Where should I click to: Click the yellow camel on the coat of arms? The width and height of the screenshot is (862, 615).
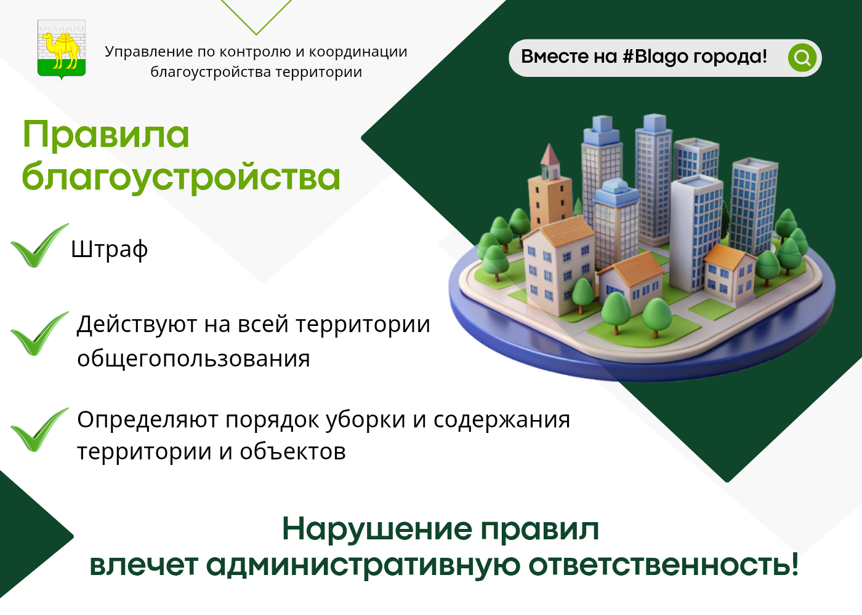tap(61, 50)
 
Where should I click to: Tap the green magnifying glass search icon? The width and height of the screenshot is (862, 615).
tap(802, 58)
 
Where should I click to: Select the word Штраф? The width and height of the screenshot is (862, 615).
tap(110, 250)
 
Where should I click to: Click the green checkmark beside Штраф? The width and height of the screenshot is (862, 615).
tap(39, 246)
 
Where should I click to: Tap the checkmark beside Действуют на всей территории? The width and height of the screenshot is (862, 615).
tap(39, 334)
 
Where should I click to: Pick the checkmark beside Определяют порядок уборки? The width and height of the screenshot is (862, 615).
tap(39, 430)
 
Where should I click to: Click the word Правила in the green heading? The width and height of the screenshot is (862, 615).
tap(106, 135)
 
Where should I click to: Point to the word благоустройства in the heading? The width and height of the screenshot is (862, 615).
tap(181, 178)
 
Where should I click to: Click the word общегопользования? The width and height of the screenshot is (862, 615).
tap(193, 359)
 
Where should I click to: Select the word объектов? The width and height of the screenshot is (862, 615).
tap(293, 451)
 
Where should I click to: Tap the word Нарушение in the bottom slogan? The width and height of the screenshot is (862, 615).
tap(377, 530)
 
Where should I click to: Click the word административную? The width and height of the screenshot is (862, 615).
tap(363, 565)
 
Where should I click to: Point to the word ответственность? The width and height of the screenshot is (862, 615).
tap(664, 565)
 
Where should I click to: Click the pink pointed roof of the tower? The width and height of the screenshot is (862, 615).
tap(549, 155)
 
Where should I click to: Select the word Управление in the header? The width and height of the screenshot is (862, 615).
tap(149, 52)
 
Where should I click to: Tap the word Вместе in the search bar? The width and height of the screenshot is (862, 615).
tap(555, 57)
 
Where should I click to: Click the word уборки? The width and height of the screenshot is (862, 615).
tap(366, 419)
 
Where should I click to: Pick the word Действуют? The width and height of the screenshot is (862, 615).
tap(137, 325)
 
